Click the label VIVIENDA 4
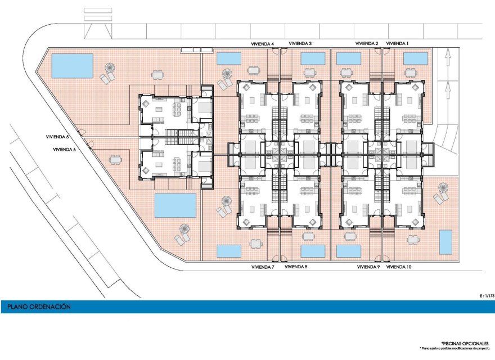click(x=262, y=43)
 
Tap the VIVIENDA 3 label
click(x=300, y=43)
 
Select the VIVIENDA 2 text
click(x=367, y=43)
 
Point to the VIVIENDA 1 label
click(x=397, y=43)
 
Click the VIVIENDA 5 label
click(x=57, y=137)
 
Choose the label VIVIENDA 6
click(x=64, y=149)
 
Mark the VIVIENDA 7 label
click(x=262, y=267)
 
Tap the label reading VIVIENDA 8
click(x=296, y=267)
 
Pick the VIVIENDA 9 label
click(x=368, y=267)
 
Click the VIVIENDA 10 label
click(x=399, y=267)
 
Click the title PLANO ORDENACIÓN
click(x=39, y=307)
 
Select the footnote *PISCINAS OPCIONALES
click(x=465, y=343)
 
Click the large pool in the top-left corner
click(x=73, y=66)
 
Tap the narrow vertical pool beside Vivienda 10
click(x=445, y=242)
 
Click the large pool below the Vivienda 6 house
click(x=175, y=205)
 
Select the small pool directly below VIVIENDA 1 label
click(x=415, y=58)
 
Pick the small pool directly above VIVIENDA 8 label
click(x=313, y=251)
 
